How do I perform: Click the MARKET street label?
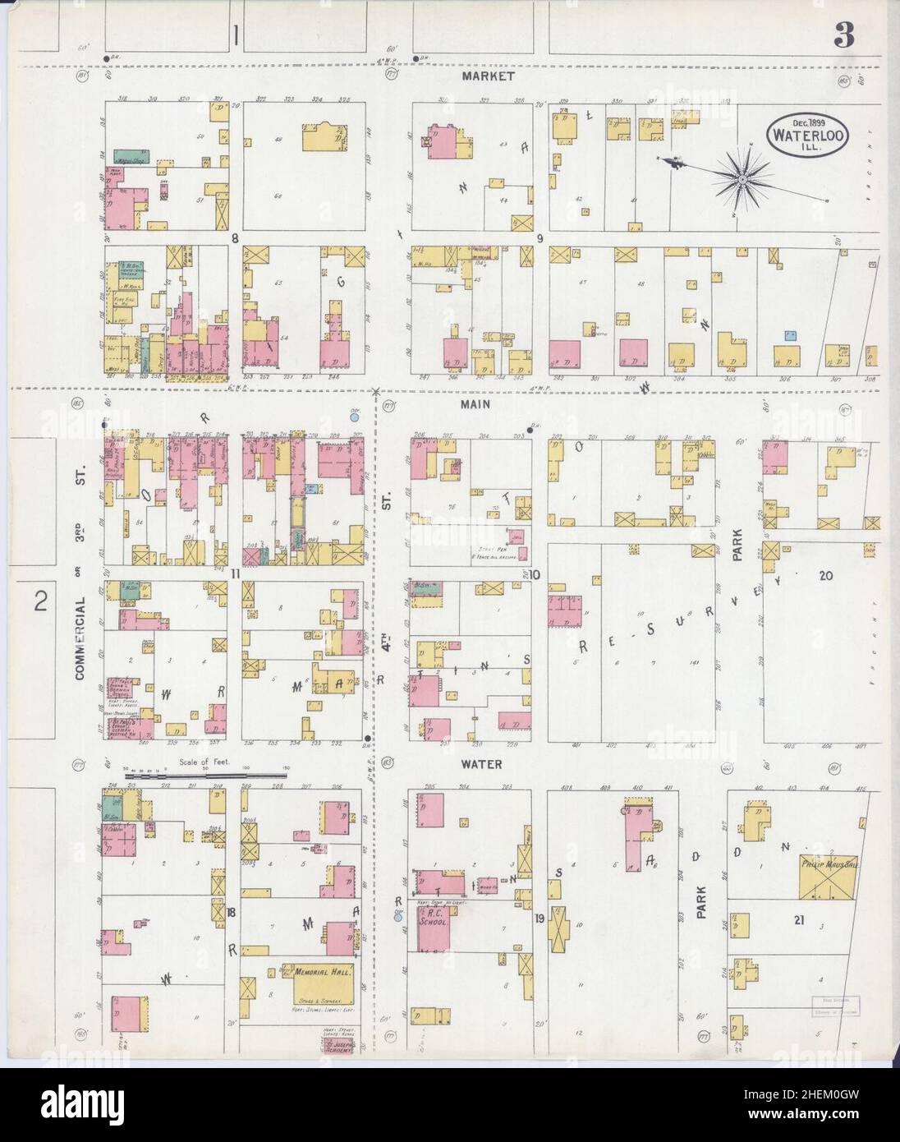[488, 76]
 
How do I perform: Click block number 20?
[825, 576]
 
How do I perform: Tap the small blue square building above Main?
[790, 336]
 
